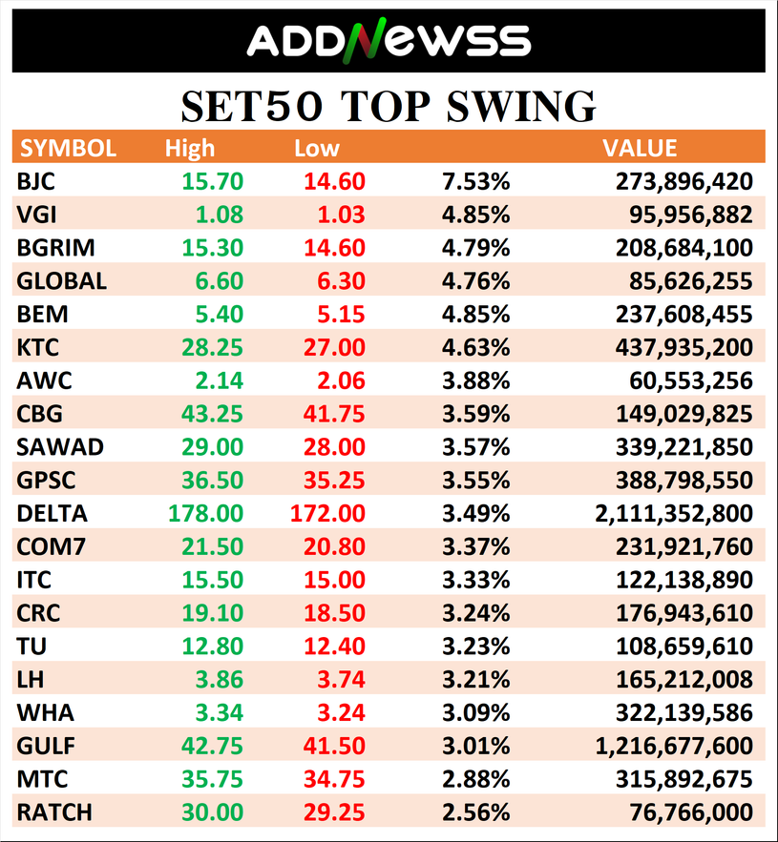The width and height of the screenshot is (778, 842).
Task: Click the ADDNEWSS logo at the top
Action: [x=389, y=40]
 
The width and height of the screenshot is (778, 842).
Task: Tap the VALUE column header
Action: [x=640, y=148]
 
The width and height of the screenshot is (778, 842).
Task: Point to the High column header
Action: [x=190, y=148]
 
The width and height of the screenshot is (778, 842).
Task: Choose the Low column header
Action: [x=317, y=148]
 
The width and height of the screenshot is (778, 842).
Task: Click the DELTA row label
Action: [x=53, y=513]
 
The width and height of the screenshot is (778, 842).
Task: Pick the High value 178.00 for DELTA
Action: [x=205, y=513]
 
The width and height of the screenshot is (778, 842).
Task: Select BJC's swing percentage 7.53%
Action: [x=475, y=181]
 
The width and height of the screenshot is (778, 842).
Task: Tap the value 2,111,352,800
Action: [x=673, y=513]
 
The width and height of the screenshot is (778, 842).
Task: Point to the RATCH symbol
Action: [x=55, y=812]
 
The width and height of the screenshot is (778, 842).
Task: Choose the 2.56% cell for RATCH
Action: [x=475, y=812]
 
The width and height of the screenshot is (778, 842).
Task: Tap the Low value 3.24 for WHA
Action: [x=339, y=712]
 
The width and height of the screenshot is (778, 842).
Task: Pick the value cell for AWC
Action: [x=694, y=380]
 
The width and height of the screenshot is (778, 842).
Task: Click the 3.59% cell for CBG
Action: [x=475, y=414]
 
